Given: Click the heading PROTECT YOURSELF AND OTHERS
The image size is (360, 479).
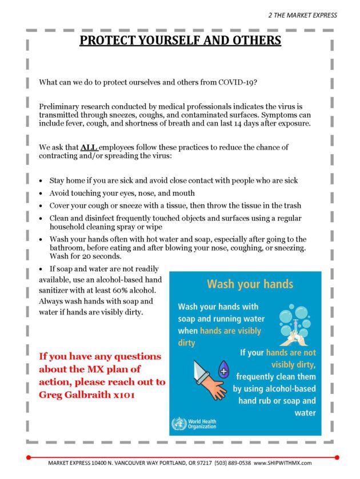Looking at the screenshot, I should pos(180,41).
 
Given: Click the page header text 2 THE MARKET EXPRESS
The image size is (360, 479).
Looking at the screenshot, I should pos(303,15).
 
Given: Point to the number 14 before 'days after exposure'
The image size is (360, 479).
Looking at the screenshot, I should pos(251,124).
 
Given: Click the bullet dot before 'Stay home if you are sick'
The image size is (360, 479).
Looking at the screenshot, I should pos(41,181).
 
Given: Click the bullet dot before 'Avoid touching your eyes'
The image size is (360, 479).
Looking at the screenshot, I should pos(41,194).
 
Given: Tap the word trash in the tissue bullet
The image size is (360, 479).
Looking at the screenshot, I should pos(291,206).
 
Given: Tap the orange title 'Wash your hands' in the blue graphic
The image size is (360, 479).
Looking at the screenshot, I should pos(250,284).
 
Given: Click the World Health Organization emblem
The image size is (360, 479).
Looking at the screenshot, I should pos(178,424).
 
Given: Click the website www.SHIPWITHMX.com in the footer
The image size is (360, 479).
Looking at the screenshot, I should pos(282,462).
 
